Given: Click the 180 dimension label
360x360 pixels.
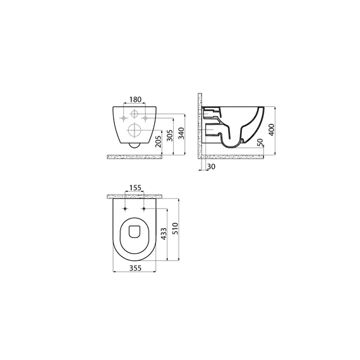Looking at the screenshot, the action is (135, 99).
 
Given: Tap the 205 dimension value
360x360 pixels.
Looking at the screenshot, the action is (159, 141).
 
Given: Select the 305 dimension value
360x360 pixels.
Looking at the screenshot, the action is (169, 135).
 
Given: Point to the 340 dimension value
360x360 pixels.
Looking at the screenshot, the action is (181, 133).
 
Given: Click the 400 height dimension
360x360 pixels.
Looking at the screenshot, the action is (272, 129).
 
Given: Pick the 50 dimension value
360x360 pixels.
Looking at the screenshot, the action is (260, 143).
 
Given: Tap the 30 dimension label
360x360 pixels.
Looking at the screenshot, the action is (212, 167).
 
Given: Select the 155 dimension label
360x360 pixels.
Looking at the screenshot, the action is (135, 188).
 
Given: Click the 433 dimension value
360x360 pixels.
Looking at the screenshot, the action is (164, 234).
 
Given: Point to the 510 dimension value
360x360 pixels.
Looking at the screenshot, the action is (176, 229).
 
